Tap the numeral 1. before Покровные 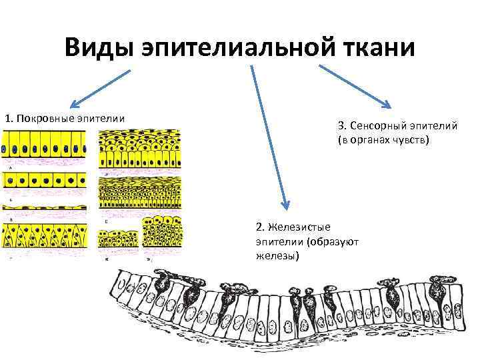9,119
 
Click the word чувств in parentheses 414,139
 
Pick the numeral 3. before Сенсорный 342,125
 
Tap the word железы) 275,255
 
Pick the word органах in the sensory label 377,139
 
